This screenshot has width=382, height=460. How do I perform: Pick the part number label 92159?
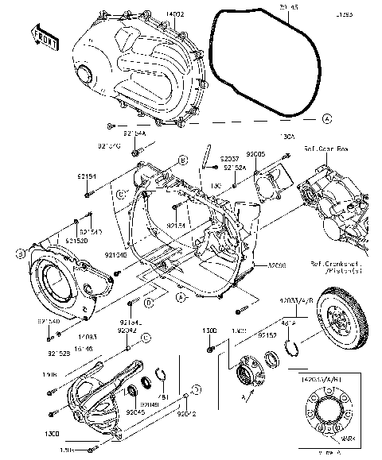pyautogui.click(x=267, y=335)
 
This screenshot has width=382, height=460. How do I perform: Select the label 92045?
pyautogui.click(x=133, y=412)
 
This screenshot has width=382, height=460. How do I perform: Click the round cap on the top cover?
pyautogui.click(x=85, y=75)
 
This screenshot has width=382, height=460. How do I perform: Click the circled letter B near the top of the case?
pyautogui.click(x=182, y=160)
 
